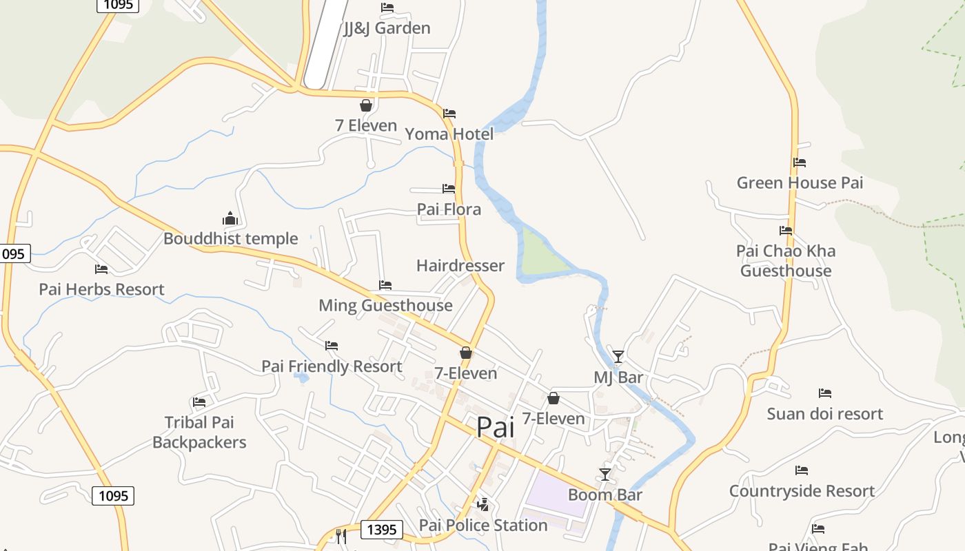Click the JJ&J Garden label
387,28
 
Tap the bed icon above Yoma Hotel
449,113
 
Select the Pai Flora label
449,209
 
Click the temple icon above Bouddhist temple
230,219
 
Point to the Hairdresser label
460,266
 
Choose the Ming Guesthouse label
385,306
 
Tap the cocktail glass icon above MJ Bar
618,356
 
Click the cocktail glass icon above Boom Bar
605,474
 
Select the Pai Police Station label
483,526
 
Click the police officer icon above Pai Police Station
483,504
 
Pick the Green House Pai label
800,183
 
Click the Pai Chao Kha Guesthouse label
786,261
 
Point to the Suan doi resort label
825,414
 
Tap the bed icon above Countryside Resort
802,470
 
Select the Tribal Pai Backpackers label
199,433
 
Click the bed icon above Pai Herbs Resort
101,269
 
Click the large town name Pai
496,427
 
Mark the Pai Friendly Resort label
332,366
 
